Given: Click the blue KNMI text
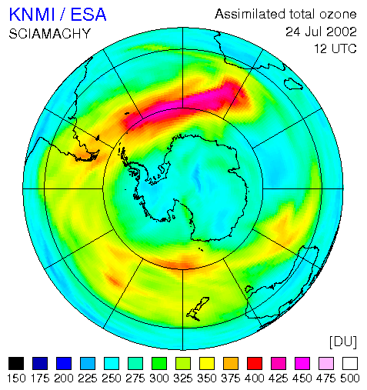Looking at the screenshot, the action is click(x=32, y=15).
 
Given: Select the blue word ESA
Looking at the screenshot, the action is click(x=88, y=15).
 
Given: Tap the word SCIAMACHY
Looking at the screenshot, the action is click(x=50, y=34).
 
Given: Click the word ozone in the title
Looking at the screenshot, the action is click(x=338, y=14).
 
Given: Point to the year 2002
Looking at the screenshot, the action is click(x=338, y=32).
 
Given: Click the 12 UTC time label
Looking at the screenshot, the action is click(x=335, y=48).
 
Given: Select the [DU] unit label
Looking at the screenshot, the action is click(x=343, y=342).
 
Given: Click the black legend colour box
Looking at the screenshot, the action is click(x=16, y=363).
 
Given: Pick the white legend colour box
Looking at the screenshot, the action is click(x=350, y=363).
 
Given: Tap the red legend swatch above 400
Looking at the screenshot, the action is click(x=255, y=363).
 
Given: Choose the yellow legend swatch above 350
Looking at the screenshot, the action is click(x=207, y=363).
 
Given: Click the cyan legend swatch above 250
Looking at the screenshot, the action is click(x=112, y=363).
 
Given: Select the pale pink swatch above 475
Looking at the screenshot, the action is click(x=326, y=363).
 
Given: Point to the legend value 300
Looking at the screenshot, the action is click(x=159, y=378).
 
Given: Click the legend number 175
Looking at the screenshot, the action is click(x=40, y=378).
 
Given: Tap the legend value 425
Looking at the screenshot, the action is click(x=279, y=378).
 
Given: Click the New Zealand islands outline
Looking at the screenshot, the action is click(x=197, y=309).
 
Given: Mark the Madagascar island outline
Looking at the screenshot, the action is click(x=293, y=84).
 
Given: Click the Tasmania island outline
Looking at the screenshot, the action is click(x=249, y=289).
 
